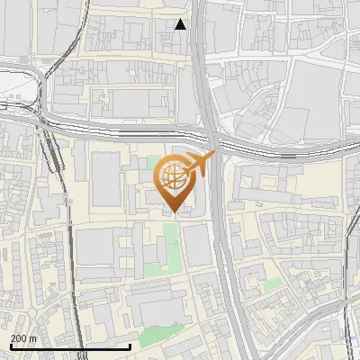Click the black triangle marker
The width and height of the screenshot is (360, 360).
[x=181, y=24]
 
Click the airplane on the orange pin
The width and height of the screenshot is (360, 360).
[x=201, y=164]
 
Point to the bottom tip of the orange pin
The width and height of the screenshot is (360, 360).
[x=174, y=212]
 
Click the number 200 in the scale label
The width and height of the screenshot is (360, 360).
[x=20, y=338]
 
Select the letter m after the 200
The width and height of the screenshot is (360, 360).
[x=33, y=338]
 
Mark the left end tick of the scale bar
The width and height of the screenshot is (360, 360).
[x=10, y=346]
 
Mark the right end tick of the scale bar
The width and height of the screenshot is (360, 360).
[x=131, y=346]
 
